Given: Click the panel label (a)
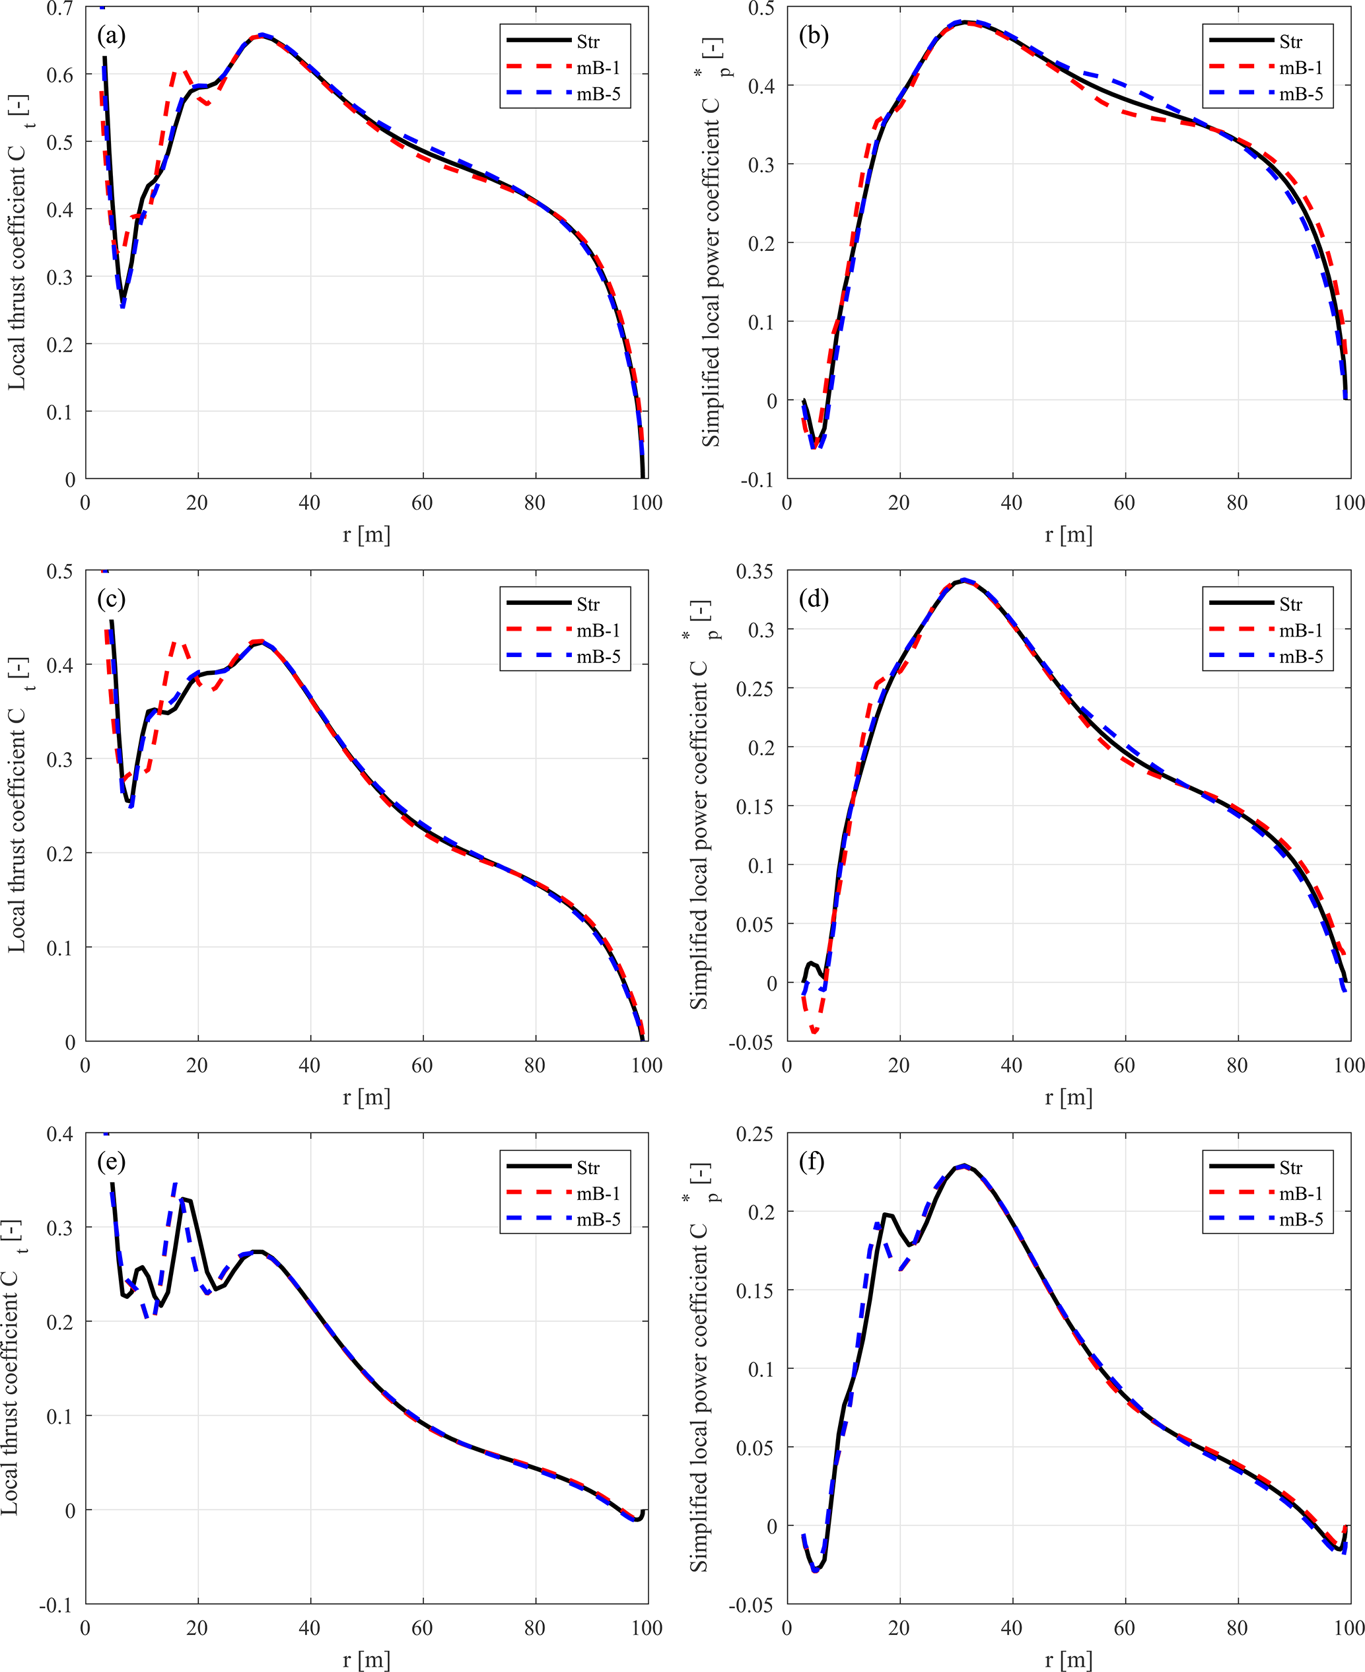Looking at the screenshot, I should click(111, 36).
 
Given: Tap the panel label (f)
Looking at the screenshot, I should click(812, 1161).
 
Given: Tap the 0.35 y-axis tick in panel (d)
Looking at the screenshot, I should click(754, 571).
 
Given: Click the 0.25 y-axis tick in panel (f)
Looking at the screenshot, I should click(754, 1134).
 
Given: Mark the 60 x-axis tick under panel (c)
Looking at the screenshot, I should click(422, 1065).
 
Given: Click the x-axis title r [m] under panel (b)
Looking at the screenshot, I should click(1068, 536).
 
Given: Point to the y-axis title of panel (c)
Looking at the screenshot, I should click(17, 805).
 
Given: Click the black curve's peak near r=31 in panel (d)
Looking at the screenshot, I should click(964, 581).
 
